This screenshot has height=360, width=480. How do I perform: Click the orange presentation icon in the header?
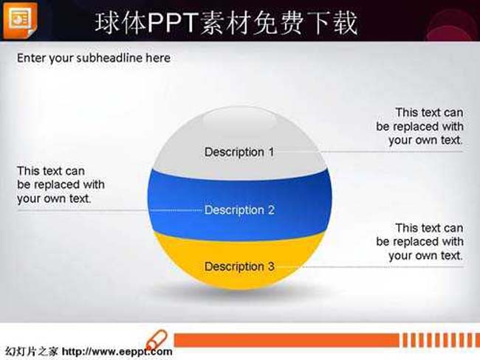click(20, 20)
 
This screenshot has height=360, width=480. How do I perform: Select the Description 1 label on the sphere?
click(239, 152)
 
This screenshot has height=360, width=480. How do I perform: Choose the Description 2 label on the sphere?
click(239, 210)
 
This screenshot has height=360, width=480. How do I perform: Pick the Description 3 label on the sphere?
click(239, 266)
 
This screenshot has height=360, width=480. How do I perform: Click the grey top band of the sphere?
click(239, 141)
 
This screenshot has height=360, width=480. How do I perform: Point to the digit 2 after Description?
click(271, 210)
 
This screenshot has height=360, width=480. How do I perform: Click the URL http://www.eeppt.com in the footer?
click(117, 351)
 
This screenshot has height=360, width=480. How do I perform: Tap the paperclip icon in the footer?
click(157, 340)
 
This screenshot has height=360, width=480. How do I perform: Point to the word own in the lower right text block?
click(426, 255)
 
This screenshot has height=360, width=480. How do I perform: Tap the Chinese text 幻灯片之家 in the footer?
click(31, 351)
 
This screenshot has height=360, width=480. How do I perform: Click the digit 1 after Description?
click(271, 152)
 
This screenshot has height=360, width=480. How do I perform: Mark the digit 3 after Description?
click(271, 266)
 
